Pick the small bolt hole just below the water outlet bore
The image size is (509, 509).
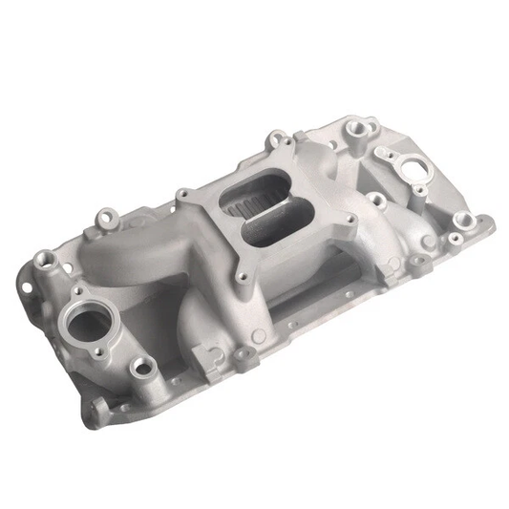[143, 364]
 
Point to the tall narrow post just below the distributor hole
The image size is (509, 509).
[376, 201]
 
